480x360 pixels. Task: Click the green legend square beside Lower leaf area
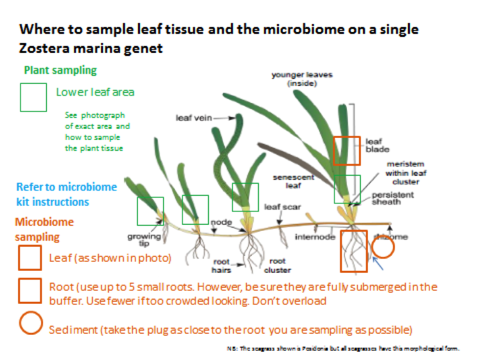(33, 97)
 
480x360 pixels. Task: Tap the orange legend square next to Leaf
(30, 258)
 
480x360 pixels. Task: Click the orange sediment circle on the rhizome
(383, 247)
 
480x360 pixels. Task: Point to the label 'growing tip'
(144, 239)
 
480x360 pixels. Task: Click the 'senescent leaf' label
(293, 181)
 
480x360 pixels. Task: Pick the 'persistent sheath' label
(392, 198)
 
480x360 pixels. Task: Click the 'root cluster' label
(277, 265)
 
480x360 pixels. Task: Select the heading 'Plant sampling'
(60, 71)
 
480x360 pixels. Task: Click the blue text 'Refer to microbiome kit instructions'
(66, 194)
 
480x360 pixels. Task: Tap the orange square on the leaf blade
(347, 150)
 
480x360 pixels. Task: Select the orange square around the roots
(354, 251)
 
